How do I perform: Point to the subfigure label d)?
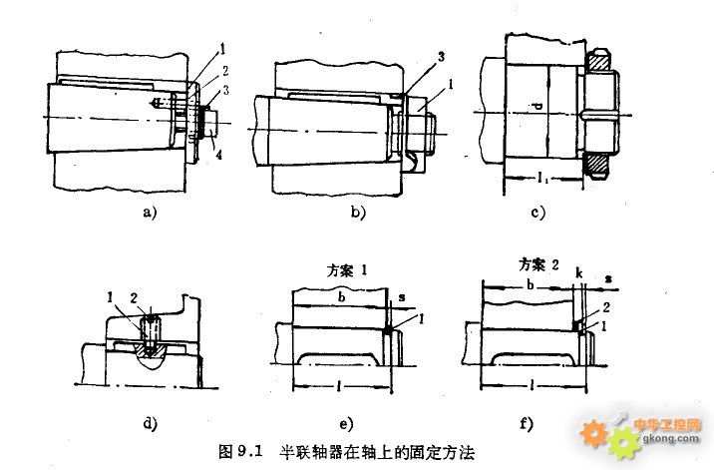pyautogui.click(x=152, y=423)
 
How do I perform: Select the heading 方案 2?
pyautogui.click(x=539, y=265)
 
